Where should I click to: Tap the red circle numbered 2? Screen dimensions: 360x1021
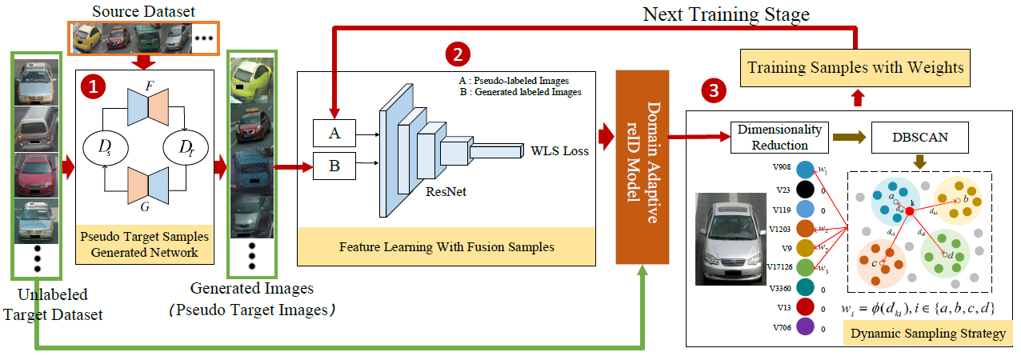(457, 54)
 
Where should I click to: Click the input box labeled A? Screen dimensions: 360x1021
(334, 134)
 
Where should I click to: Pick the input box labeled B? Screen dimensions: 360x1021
(334, 166)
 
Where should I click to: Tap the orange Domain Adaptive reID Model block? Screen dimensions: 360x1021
(643, 166)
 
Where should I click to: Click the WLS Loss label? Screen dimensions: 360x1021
(560, 150)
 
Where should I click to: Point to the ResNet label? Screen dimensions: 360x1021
(446, 192)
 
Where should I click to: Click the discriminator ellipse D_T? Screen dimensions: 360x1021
(184, 146)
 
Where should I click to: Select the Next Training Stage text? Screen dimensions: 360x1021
(727, 14)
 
